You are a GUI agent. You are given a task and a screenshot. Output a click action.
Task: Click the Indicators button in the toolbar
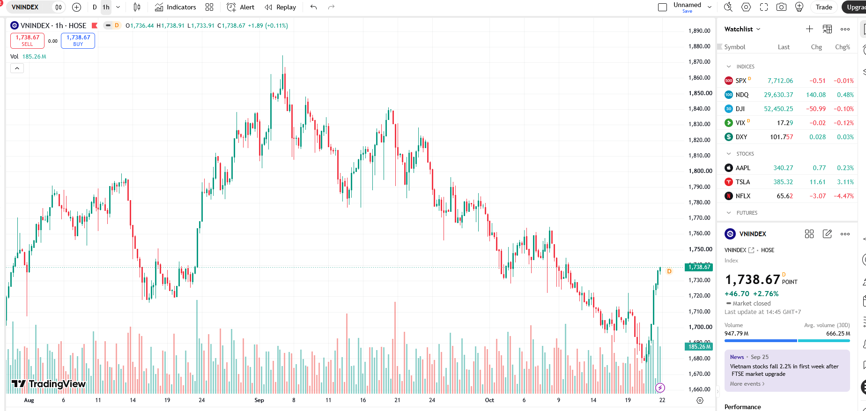coord(175,7)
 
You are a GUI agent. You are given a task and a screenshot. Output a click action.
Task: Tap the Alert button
coord(240,7)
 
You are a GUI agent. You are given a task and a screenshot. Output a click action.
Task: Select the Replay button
coord(280,7)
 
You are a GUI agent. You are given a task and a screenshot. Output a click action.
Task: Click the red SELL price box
coord(28,41)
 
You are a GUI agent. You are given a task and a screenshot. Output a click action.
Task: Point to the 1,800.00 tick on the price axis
coord(700,171)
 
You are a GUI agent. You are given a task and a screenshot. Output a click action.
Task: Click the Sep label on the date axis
coord(259,400)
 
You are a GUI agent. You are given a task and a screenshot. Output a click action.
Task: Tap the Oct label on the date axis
coord(489,400)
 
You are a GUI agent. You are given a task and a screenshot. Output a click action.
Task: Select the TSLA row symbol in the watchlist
coord(742,182)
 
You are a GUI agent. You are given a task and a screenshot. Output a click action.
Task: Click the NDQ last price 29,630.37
coord(778,95)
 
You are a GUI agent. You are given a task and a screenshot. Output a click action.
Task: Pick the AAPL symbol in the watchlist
coord(743,168)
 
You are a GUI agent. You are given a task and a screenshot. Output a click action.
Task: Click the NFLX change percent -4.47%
coord(844,196)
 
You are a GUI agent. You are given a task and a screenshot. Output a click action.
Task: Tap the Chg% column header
coord(843,47)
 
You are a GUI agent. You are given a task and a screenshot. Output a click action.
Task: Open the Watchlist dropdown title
coord(742,29)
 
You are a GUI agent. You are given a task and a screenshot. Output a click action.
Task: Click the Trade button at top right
coord(824,7)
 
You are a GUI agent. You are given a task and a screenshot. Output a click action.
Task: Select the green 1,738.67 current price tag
coord(699,267)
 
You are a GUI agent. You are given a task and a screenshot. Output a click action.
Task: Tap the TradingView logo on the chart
coord(49,384)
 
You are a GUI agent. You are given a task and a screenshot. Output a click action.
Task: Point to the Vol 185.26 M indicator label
coord(28,57)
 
